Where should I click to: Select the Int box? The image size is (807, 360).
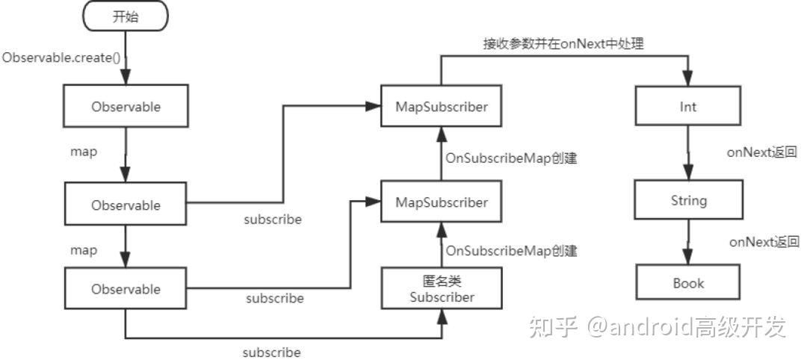pyautogui.click(x=687, y=107)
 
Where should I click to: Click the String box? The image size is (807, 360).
pyautogui.click(x=687, y=201)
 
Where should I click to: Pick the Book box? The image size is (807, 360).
pyautogui.click(x=687, y=283)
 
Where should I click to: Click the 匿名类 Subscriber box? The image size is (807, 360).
pyautogui.click(x=442, y=289)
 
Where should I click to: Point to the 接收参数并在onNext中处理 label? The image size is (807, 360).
pyautogui.click(x=563, y=44)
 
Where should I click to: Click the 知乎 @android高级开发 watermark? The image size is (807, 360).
pyautogui.click(x=658, y=326)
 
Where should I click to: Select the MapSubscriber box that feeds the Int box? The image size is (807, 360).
pyautogui.click(x=442, y=107)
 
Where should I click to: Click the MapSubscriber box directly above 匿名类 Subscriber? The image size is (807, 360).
pyautogui.click(x=442, y=202)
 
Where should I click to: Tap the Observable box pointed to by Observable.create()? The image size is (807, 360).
pyautogui.click(x=126, y=107)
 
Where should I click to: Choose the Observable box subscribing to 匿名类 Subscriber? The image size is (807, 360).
pyautogui.click(x=126, y=289)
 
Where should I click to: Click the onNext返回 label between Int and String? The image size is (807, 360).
pyautogui.click(x=762, y=152)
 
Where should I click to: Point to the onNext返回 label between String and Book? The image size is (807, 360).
pyautogui.click(x=764, y=242)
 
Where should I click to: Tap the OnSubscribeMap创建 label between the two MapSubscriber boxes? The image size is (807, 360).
pyautogui.click(x=511, y=158)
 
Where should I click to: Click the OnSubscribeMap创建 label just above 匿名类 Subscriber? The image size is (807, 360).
pyautogui.click(x=511, y=251)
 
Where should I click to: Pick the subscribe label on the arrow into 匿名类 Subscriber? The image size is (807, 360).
pyautogui.click(x=272, y=352)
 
